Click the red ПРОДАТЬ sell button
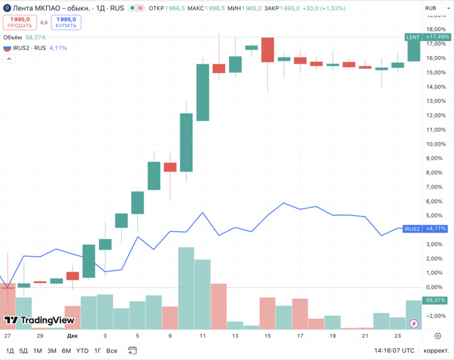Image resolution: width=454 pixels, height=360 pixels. pyautogui.click(x=20, y=22)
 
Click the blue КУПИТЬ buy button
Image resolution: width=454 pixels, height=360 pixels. pyautogui.click(x=66, y=22)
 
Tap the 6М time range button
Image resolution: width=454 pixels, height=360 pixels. pyautogui.click(x=66, y=350)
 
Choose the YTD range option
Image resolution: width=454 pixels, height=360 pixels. pyautogui.click(x=82, y=350)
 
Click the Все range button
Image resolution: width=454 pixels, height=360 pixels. pyautogui.click(x=112, y=350)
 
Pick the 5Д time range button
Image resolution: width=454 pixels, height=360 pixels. pyautogui.click(x=23, y=350)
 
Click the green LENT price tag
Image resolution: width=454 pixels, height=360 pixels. pyautogui.click(x=413, y=37)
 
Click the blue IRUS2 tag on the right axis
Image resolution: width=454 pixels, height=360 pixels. pyautogui.click(x=412, y=229)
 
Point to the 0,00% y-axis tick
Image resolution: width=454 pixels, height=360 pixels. pyautogui.click(x=434, y=287)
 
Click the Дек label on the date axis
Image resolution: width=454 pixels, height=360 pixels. pyautogui.click(x=73, y=336)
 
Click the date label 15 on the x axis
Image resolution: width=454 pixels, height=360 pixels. pyautogui.click(x=268, y=336)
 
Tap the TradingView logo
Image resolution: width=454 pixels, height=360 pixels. pyautogui.click(x=40, y=320)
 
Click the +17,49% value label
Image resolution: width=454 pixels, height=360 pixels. pyautogui.click(x=436, y=37)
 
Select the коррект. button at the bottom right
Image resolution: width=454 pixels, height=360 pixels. pyautogui.click(x=436, y=350)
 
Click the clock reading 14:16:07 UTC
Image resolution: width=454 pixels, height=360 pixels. pyautogui.click(x=394, y=350)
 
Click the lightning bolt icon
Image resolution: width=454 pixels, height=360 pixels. pyautogui.click(x=414, y=323)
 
